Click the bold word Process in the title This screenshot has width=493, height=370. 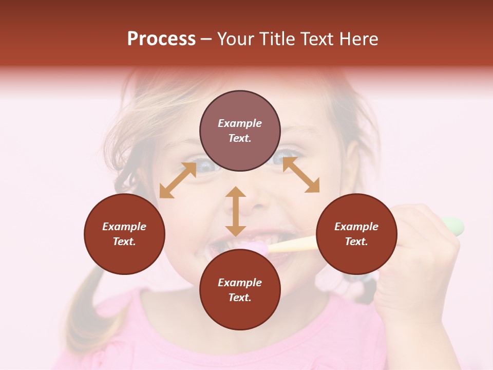click(161, 39)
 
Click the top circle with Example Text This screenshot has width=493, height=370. click(240, 131)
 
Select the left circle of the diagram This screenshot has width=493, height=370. click(124, 234)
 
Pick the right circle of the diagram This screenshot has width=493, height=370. click(356, 234)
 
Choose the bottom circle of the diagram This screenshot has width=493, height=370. click(240, 290)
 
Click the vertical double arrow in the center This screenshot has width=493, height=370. click(235, 212)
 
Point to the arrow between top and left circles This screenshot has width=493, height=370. click(178, 180)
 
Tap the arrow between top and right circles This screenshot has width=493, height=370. click(301, 175)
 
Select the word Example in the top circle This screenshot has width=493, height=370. click(240, 123)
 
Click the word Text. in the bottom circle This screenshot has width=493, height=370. click(240, 298)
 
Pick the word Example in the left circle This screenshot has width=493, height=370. click(124, 227)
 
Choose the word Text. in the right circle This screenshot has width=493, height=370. click(356, 242)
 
